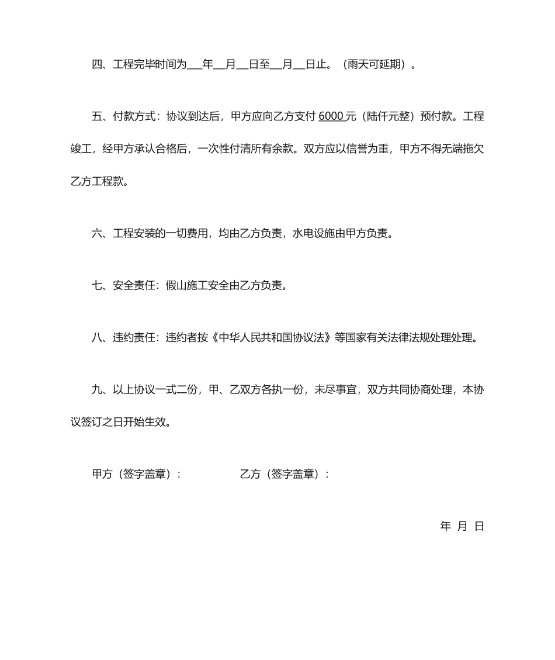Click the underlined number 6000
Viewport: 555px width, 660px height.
(x=331, y=116)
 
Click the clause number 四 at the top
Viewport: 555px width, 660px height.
(x=97, y=65)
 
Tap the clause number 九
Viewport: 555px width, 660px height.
(x=97, y=390)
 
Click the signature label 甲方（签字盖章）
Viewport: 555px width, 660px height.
(x=136, y=474)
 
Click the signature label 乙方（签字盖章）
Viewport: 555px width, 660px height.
(x=284, y=474)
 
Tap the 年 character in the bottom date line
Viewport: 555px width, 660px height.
(x=445, y=526)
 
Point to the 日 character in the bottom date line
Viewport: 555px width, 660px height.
(x=479, y=526)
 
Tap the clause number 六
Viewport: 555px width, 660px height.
(x=97, y=234)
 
